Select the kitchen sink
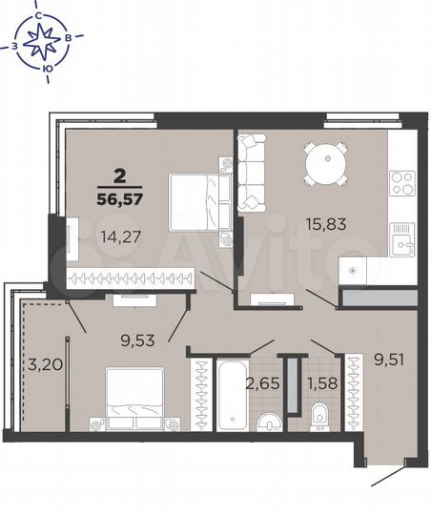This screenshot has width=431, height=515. tap(402, 235)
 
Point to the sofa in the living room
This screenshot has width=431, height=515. tap(253, 172)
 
